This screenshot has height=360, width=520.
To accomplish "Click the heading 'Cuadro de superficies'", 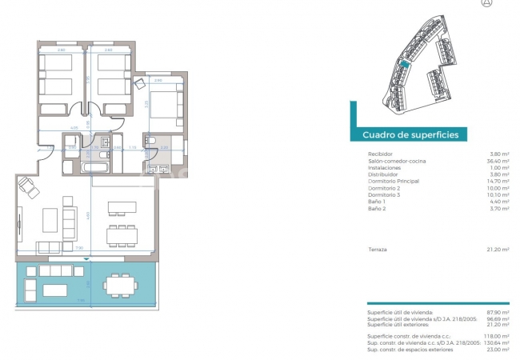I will coord(410,135).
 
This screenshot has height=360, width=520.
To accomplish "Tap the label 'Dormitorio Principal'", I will coord(393,182).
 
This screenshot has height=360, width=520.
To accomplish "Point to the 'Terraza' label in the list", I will coord(377,250).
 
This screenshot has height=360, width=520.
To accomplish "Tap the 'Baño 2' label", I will coord(377,209).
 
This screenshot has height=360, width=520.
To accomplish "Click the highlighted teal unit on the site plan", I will coord(405,67).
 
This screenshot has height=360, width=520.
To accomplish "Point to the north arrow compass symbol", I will coord(486,3).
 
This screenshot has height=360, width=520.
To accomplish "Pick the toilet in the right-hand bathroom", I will coord(151,142).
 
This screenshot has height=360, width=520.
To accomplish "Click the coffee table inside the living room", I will coord(50,218).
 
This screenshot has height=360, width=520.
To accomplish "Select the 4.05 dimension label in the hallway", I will coord(74,127).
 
